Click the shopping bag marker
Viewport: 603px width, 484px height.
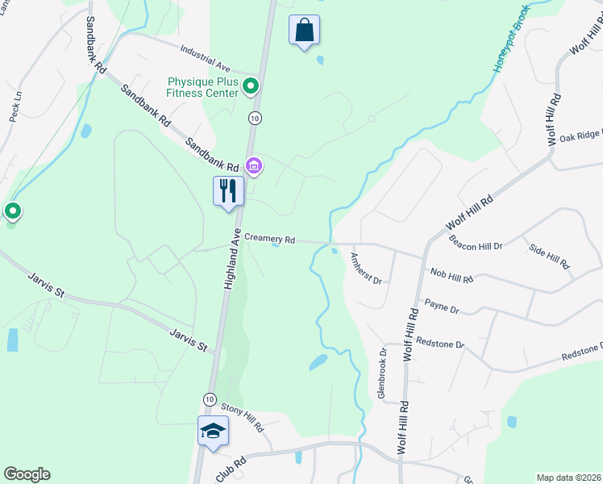[x=304, y=30]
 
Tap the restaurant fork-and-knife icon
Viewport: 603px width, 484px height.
[x=228, y=191]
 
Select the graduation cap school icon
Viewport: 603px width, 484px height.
[x=213, y=430]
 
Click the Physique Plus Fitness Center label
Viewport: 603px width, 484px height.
[x=202, y=86]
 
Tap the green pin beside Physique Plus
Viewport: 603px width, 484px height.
[x=251, y=85]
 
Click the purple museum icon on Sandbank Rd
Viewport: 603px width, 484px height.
[x=254, y=167]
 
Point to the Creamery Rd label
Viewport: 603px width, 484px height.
[x=270, y=240]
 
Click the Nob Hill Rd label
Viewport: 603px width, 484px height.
[x=451, y=276]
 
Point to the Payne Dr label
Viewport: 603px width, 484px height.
[x=442, y=308]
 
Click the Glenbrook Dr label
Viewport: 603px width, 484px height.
[x=383, y=375]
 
